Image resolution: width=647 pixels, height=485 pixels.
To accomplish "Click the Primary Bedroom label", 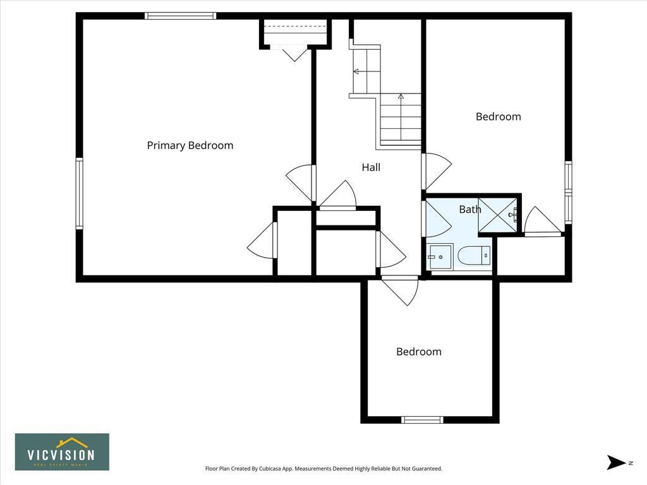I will tap(190, 145).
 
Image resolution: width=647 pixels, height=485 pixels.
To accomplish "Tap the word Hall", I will tap(371, 167).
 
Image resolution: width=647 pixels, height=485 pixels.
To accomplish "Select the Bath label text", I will tap(469, 209).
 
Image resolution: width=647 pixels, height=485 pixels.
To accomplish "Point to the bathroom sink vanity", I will tap(440, 256).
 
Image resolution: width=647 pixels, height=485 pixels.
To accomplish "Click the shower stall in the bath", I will tap(499, 215).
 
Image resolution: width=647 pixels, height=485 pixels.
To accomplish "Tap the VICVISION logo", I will tap(62, 452).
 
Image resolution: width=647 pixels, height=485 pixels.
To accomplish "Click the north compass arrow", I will tap(617, 462).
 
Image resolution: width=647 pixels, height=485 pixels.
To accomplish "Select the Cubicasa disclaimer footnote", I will tap(323, 469).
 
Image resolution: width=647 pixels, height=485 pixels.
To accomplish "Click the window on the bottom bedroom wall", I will tap(423, 419).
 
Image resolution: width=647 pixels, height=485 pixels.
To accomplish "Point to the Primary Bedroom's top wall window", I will tap(181, 16).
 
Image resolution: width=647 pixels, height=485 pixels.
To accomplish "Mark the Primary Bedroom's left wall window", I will tap(80, 193).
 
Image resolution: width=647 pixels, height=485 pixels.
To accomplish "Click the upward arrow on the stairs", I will tap(401, 97).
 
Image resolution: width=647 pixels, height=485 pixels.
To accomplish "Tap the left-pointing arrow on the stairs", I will tap(356, 71).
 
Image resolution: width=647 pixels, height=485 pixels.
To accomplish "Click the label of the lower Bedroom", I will tap(419, 352).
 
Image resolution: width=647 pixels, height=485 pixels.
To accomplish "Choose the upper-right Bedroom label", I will tap(499, 116).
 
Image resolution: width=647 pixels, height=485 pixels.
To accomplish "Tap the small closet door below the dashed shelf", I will tap(294, 53).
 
